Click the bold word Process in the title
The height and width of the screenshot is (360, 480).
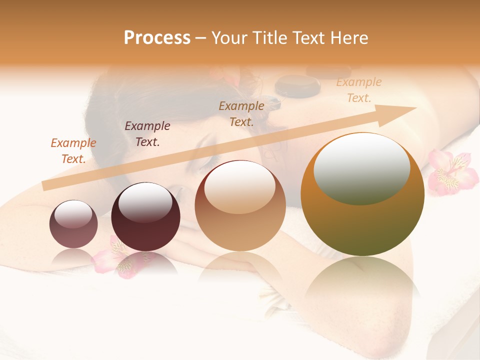pyautogui.click(x=157, y=38)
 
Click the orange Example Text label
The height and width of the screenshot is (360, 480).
pyautogui.click(x=73, y=150)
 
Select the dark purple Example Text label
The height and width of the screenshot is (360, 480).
pyautogui.click(x=147, y=133)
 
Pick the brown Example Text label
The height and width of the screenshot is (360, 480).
pyautogui.click(x=241, y=113)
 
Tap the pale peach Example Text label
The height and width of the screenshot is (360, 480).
pyautogui.click(x=358, y=90)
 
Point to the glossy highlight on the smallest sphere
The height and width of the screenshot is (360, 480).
pyautogui.click(x=73, y=214)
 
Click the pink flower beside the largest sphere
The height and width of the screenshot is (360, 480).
pyautogui.click(x=451, y=173)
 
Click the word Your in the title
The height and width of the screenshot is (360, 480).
pyautogui.click(x=232, y=38)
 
